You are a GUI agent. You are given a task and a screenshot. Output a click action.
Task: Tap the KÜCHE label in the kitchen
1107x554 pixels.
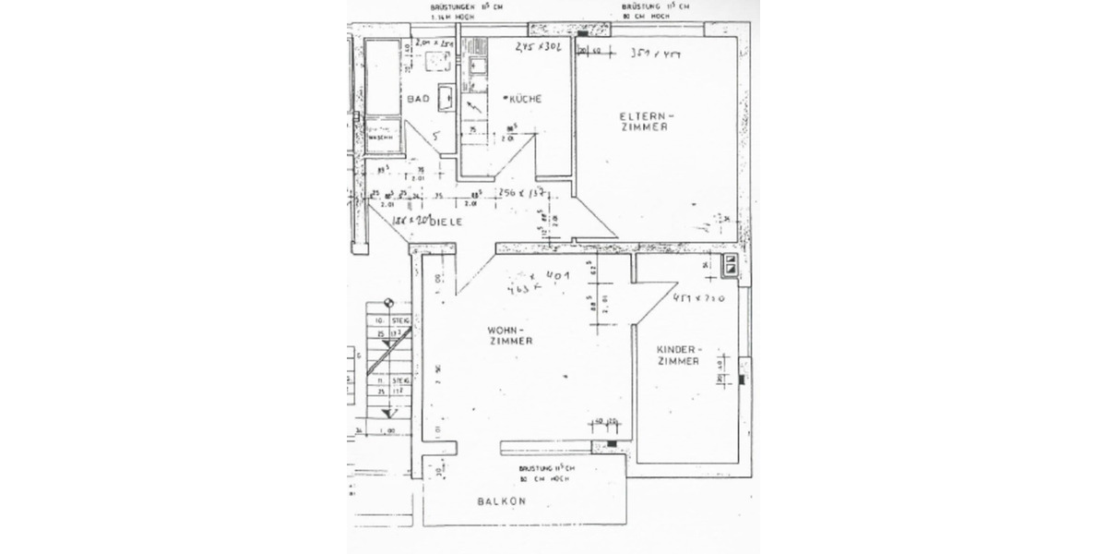click(x=525, y=98)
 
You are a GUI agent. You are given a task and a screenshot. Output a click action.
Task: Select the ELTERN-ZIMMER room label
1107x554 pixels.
click(x=643, y=121)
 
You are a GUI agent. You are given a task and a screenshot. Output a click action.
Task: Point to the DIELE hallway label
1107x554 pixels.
click(x=444, y=223)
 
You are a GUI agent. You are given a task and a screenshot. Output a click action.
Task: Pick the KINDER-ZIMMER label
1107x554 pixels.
click(x=679, y=355)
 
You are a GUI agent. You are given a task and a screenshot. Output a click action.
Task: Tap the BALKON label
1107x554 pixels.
click(x=502, y=501)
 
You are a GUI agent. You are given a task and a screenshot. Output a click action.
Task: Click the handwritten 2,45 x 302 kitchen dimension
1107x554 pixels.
click(x=539, y=46)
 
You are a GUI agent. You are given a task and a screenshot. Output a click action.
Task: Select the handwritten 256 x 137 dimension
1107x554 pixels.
click(x=522, y=193)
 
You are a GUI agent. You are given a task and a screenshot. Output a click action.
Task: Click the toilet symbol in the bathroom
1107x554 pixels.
click(x=437, y=61)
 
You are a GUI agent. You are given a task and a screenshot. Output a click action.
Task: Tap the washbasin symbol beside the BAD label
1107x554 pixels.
click(x=445, y=96)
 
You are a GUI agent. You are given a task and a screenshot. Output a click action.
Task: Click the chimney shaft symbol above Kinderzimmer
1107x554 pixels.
click(x=731, y=265)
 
